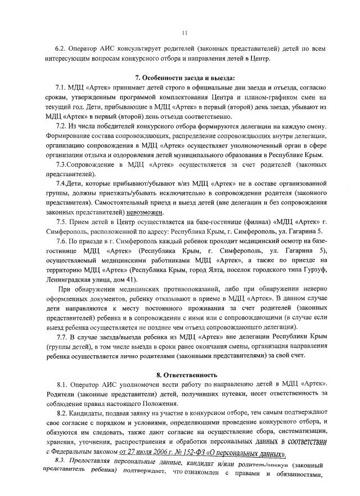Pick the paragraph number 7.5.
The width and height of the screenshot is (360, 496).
point(61,223)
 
